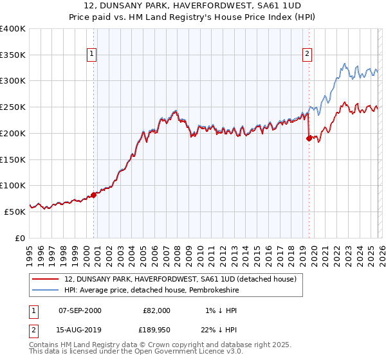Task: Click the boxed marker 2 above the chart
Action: click(308, 54)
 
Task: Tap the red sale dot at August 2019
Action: click(309, 138)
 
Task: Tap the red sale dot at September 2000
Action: click(93, 194)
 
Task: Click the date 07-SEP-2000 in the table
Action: click(80, 310)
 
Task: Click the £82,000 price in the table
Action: click(157, 310)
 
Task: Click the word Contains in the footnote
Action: click(44, 345)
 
